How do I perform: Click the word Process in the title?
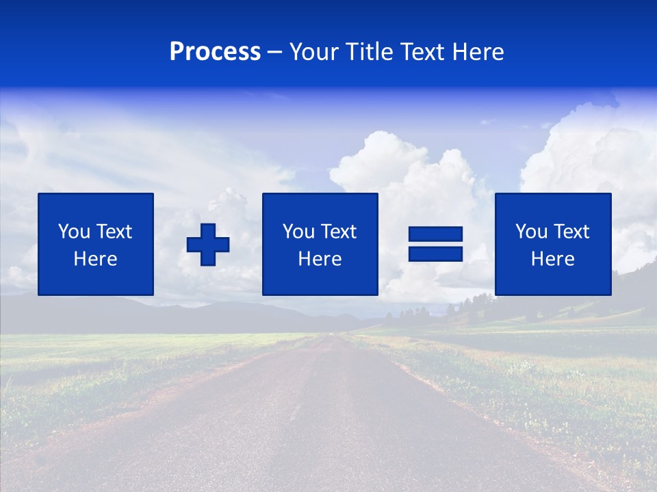click(215, 52)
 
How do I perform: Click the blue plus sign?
click(208, 244)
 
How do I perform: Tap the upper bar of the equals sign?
click(435, 234)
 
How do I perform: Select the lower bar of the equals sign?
click(435, 254)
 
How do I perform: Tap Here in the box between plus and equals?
click(320, 259)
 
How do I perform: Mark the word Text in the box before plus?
click(114, 232)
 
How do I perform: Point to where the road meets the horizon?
click(335, 333)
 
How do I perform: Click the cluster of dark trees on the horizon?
click(472, 305)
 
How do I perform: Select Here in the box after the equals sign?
click(552, 259)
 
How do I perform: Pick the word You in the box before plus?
click(74, 232)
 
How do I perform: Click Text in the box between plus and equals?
click(339, 232)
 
